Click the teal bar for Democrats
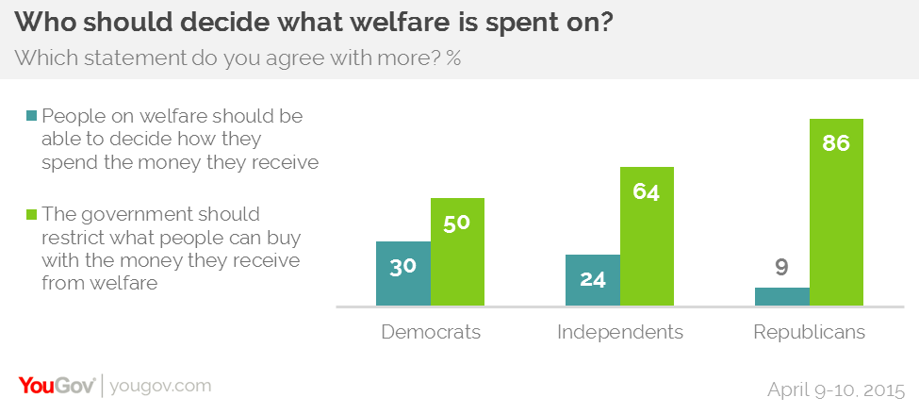(x=403, y=283)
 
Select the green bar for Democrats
(x=457, y=264)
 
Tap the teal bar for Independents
(x=593, y=288)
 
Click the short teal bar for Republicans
(x=782, y=297)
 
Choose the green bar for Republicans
(x=837, y=226)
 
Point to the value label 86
(x=837, y=144)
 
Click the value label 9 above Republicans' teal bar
(x=782, y=269)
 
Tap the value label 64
(x=647, y=192)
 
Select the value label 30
(x=403, y=267)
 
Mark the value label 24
(x=593, y=280)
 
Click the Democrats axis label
(x=431, y=332)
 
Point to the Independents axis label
(x=620, y=332)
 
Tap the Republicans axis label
(x=810, y=332)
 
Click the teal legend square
(x=32, y=117)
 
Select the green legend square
(x=32, y=215)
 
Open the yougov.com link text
(x=160, y=386)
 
